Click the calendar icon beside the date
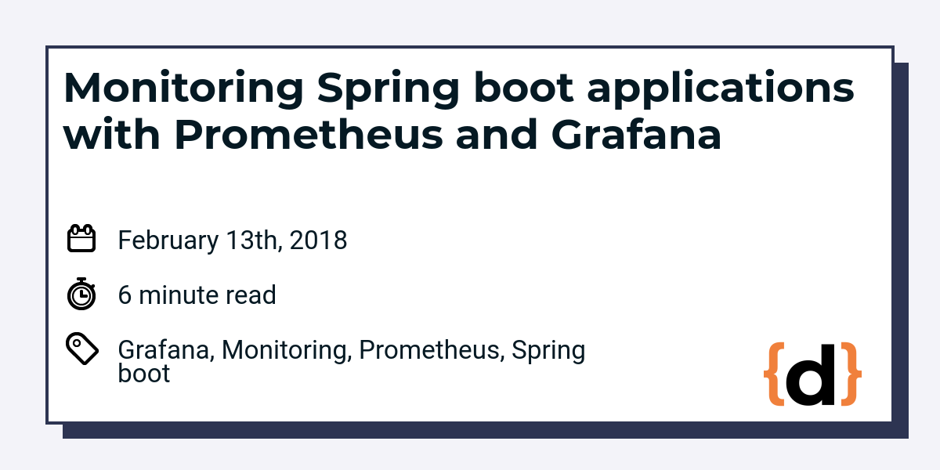[81, 238]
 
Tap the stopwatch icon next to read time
[81, 294]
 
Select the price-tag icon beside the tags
[82, 349]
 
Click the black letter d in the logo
[810, 374]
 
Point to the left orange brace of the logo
[774, 374]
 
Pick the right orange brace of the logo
[851, 374]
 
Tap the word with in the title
[111, 134]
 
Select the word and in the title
[497, 134]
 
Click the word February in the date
[168, 240]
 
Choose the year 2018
[318, 240]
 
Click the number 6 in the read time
[125, 295]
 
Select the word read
[251, 295]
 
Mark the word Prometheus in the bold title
[309, 134]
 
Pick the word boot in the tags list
[144, 373]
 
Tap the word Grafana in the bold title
[636, 134]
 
